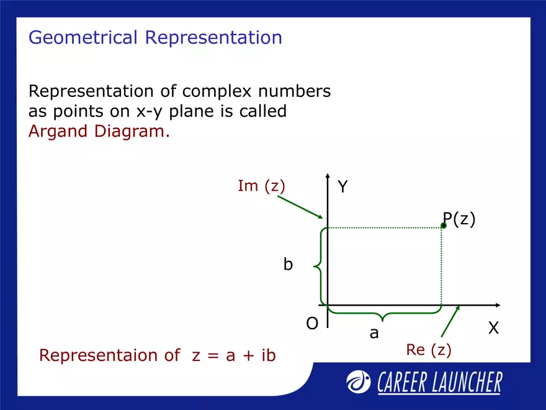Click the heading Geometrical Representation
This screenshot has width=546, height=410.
click(x=155, y=38)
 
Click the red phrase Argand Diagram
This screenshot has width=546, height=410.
click(x=99, y=132)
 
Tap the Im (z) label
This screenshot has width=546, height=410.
click(x=261, y=186)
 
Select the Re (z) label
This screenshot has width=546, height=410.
click(x=429, y=350)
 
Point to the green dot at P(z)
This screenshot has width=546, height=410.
click(x=444, y=226)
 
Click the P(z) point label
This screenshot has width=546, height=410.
click(x=460, y=219)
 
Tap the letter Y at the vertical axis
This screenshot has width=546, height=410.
click(x=343, y=187)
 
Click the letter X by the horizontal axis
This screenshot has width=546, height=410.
click(x=493, y=328)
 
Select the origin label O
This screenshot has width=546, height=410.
click(x=312, y=324)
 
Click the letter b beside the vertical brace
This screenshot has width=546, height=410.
click(x=288, y=265)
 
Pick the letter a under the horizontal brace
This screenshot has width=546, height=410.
click(x=374, y=334)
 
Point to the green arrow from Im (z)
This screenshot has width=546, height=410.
click(x=300, y=207)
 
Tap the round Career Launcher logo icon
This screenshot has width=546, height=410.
click(x=359, y=381)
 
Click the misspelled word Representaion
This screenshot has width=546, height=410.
click(x=99, y=355)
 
